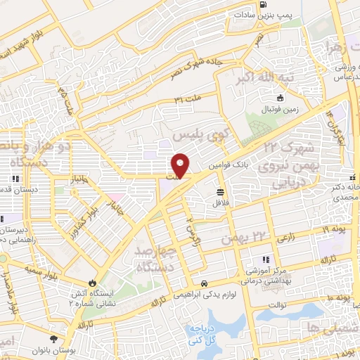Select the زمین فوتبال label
tap(281, 110)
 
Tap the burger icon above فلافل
tap(221, 191)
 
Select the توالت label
tap(278, 305)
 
